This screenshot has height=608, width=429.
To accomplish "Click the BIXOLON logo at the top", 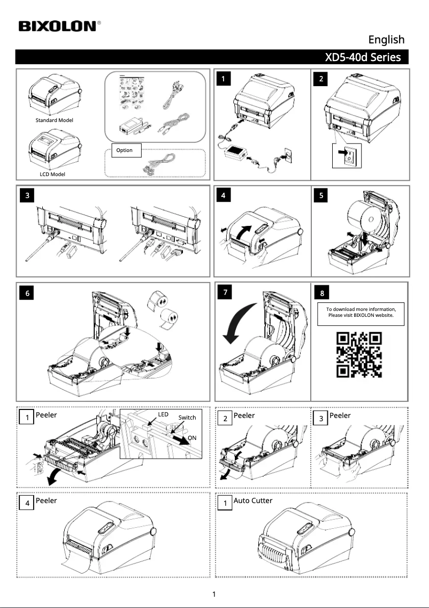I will (59, 26).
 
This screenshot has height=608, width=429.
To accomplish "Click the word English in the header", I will (386, 40).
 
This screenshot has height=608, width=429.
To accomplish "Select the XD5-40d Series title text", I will (363, 57).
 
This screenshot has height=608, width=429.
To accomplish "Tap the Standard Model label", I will (54, 120).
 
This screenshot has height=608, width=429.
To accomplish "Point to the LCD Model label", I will (52, 174).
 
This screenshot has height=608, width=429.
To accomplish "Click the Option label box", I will (124, 150).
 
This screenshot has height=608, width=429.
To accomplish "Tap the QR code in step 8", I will (359, 354).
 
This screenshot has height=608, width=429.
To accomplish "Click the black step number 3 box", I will (27, 196).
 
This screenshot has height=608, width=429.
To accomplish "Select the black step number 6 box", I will (27, 293).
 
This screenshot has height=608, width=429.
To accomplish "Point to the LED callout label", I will (163, 415).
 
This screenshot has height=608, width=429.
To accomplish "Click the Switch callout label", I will (187, 417).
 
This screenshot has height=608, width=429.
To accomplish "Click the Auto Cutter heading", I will (252, 501).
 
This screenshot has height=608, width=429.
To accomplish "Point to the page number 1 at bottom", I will (214, 594).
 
